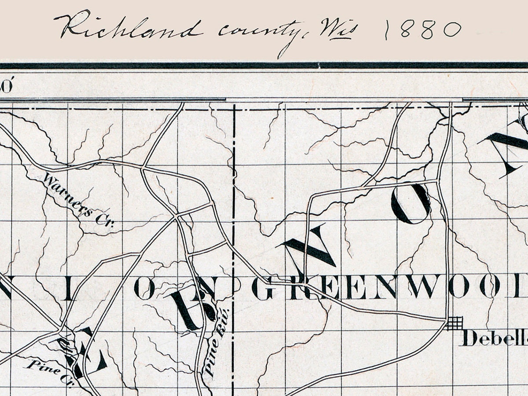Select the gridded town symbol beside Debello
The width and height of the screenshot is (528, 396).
pyautogui.click(x=454, y=323)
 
